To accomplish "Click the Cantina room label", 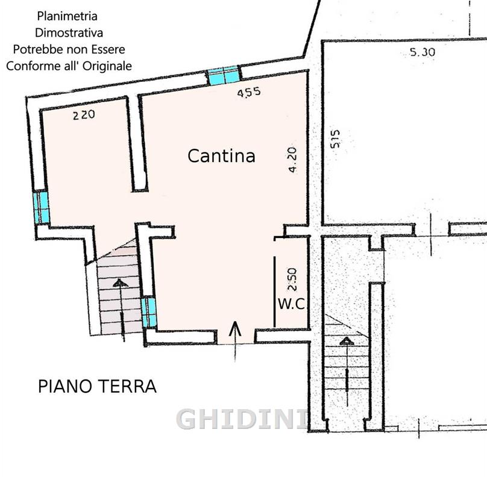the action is [x=221, y=155].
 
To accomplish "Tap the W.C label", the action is [x=292, y=304].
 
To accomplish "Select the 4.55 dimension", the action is [x=249, y=92].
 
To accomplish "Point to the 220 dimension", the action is [x=84, y=115].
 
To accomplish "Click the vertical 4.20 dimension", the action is [x=292, y=160].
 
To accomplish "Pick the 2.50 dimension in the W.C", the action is [x=292, y=280].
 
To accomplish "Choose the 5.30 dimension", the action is [x=423, y=52].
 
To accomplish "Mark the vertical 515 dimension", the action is [x=335, y=139].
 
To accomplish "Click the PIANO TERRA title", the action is [x=97, y=386].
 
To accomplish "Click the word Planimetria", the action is [x=67, y=16].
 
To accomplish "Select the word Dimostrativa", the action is [x=69, y=33].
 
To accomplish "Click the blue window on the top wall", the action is [x=224, y=75].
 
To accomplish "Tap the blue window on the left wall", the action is [x=42, y=207].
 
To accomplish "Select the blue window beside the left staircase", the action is [x=149, y=313].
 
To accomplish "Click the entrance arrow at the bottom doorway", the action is [x=235, y=341].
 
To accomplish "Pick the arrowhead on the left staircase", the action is [x=120, y=283].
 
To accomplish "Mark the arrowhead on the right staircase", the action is [x=347, y=341].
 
